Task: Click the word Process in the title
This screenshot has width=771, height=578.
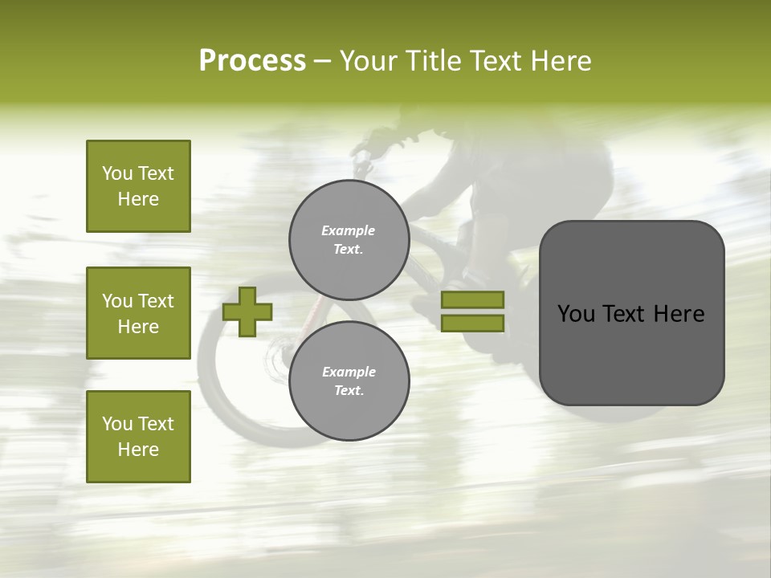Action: tap(252, 61)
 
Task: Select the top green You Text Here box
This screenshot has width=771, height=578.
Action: tap(138, 186)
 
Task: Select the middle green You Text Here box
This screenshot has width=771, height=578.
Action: tap(138, 313)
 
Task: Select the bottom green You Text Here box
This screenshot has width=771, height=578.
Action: tap(138, 436)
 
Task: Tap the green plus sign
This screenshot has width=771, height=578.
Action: tap(247, 311)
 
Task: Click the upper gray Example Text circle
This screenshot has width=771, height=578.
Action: tap(349, 240)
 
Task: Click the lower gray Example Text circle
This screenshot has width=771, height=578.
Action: tap(349, 381)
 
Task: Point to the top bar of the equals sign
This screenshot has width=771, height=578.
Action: tap(472, 299)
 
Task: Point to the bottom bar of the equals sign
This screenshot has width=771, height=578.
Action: tap(472, 323)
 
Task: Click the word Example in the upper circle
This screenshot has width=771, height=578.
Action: tap(349, 231)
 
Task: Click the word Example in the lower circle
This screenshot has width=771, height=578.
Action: tap(349, 372)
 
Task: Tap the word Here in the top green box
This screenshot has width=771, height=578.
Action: tap(138, 199)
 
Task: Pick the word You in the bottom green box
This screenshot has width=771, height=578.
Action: tap(117, 424)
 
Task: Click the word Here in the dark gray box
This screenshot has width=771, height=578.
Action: tap(679, 314)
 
